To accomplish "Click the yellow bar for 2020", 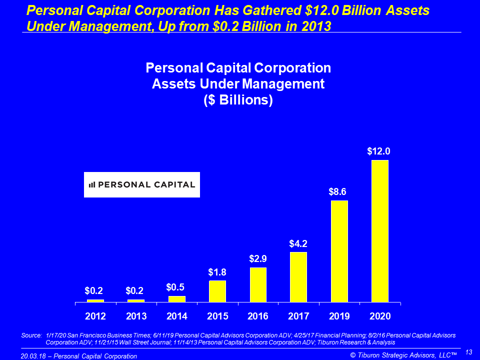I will [x=379, y=231].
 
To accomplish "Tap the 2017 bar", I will [x=298, y=277].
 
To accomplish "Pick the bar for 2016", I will [x=258, y=284].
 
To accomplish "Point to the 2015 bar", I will [x=217, y=291].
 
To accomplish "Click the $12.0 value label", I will [x=378, y=151].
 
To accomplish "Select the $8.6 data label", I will [x=338, y=191].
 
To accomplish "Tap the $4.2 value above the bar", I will [x=298, y=243].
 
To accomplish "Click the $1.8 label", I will [x=217, y=272].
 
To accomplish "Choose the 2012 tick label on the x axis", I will [x=95, y=316].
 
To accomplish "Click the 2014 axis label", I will [x=177, y=316].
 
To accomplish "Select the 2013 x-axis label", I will [x=136, y=316].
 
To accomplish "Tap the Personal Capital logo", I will [x=141, y=184].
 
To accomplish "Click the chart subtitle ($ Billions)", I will [x=238, y=99].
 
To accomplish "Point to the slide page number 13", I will [x=468, y=352].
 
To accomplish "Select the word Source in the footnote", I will [x=31, y=335].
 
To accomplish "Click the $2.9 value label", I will [x=258, y=259].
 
